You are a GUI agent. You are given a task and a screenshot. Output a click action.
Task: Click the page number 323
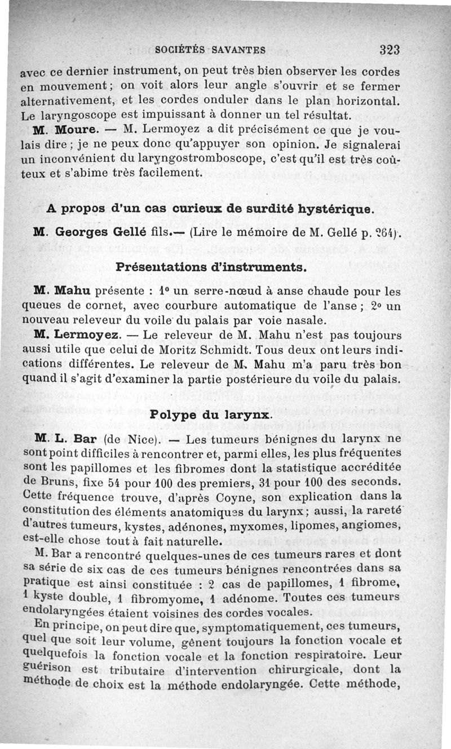coord(390,49)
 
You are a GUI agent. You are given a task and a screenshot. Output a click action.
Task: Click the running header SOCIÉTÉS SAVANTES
coord(210,50)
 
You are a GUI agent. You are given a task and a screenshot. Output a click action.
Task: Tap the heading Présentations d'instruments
coord(211,266)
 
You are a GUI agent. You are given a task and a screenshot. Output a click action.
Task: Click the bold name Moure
coord(74,130)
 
